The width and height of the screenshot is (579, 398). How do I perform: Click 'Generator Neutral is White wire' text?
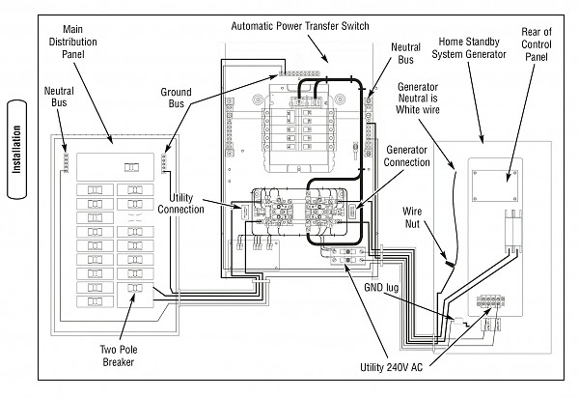click(x=420, y=99)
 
